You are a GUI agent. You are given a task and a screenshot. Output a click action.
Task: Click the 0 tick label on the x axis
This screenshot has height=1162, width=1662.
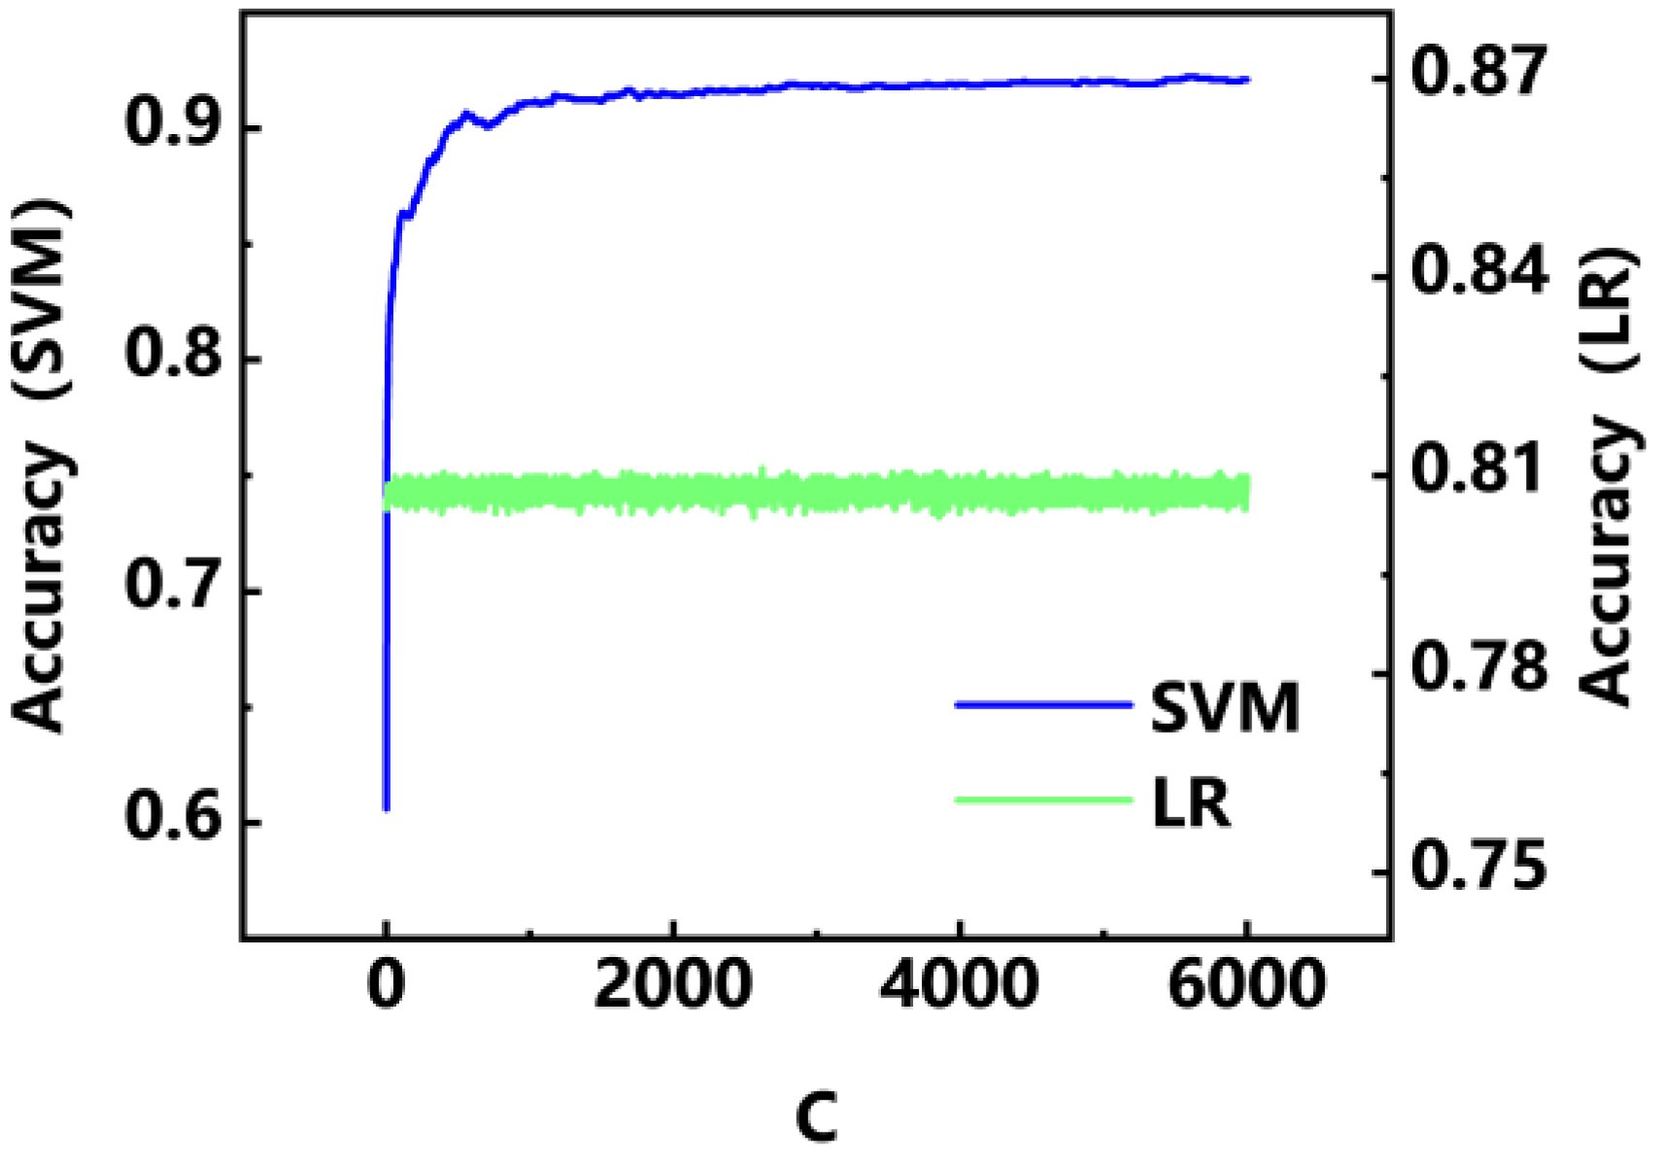coord(387,983)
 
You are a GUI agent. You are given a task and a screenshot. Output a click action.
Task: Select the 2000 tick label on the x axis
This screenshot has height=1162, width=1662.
coord(672,983)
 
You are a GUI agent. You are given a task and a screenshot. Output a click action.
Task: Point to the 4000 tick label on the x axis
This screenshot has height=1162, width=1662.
coord(959,983)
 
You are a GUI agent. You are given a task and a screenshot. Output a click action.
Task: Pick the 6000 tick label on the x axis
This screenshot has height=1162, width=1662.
coord(1245,983)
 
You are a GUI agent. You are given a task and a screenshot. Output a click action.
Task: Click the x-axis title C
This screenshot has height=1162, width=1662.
coord(816,1117)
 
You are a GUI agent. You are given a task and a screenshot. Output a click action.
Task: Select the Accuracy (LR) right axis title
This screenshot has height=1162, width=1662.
coord(1607,476)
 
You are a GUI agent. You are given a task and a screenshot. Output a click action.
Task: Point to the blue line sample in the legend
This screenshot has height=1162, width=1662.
coord(1043,704)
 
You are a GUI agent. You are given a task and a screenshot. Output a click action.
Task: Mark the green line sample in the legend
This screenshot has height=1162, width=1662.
coord(1043,801)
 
